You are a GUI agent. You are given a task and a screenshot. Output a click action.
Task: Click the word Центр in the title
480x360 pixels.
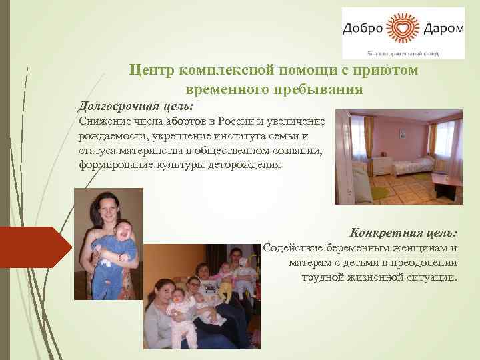coord(155,69)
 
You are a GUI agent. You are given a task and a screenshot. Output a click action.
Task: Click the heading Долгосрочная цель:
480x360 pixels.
coord(136,105)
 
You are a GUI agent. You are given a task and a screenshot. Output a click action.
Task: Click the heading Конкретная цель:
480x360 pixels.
coord(403,233)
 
